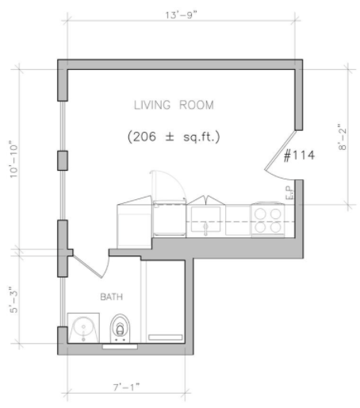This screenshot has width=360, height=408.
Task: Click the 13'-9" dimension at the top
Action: [x=182, y=15]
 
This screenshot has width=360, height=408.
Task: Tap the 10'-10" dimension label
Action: [x=13, y=161]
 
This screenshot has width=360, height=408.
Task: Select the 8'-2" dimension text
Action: [x=342, y=137]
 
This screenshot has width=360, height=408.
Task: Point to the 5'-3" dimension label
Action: [x=13, y=300]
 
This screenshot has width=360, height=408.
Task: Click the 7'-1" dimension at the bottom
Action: [x=126, y=387]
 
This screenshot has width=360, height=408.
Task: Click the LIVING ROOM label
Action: [x=174, y=105]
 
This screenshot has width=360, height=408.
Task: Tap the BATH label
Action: [x=112, y=297]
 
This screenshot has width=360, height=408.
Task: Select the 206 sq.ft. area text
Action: [x=174, y=137]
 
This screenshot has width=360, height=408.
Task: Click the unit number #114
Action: [x=299, y=155]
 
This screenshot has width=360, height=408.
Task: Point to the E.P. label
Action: [x=289, y=193]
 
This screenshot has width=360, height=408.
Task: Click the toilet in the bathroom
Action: [x=121, y=328]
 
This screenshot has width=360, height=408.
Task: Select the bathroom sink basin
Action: [x=83, y=328]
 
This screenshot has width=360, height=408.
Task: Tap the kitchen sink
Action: [x=205, y=219]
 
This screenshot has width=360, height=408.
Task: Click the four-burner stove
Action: [x=268, y=220]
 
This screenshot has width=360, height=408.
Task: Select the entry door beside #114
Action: [x=281, y=156]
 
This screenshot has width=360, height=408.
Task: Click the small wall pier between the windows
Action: [x=63, y=160]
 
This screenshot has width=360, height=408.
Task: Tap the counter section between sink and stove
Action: [x=238, y=220]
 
